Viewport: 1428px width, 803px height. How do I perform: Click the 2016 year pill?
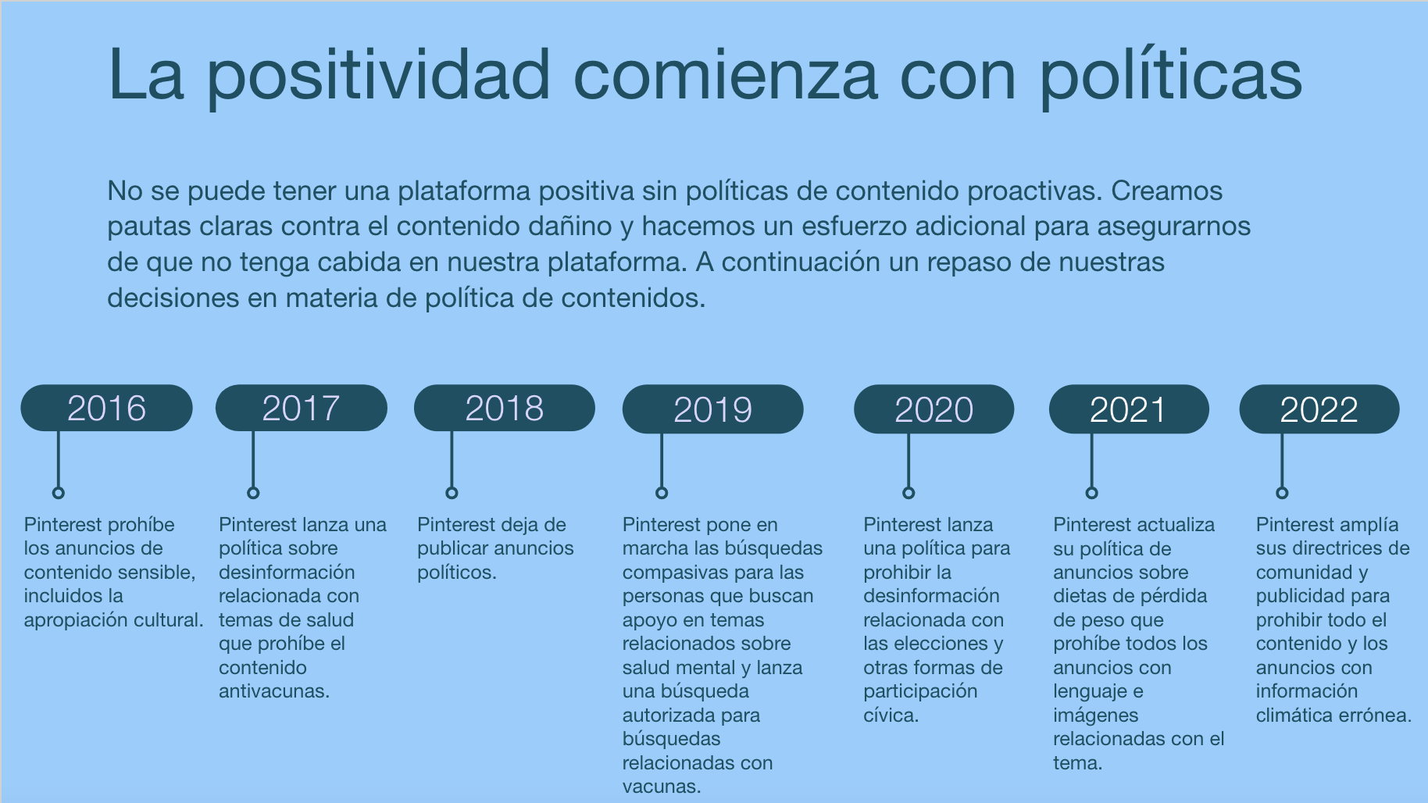point(106,408)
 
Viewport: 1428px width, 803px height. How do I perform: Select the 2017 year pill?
point(302,408)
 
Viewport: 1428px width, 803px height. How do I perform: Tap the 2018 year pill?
point(505,408)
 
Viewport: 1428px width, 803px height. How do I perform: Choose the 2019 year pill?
point(712,409)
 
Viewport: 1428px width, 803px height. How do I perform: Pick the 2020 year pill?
point(934,409)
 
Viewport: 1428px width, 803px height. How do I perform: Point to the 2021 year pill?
point(1129,409)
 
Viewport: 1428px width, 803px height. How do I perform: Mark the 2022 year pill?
point(1319,409)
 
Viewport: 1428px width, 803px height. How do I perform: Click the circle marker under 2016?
point(58,493)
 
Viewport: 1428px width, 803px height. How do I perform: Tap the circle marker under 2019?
point(662,493)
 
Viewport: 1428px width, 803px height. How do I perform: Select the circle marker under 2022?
point(1282,493)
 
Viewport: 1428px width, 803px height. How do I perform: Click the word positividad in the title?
point(380,76)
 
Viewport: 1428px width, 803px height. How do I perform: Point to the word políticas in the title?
point(1171,76)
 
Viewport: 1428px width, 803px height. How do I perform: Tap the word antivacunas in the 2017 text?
point(274,691)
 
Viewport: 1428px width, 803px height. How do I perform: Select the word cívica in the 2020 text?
point(891,716)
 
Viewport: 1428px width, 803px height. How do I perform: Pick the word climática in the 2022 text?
point(1295,716)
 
